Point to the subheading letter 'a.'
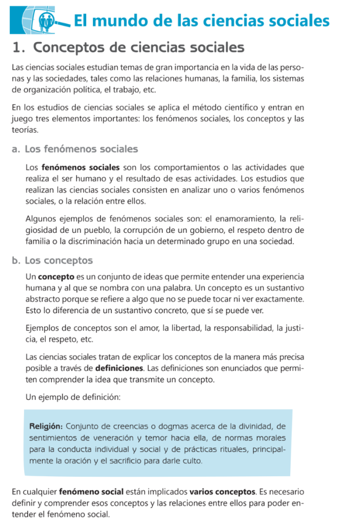(16, 149)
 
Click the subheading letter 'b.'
(16, 260)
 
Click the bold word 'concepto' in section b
(56, 276)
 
